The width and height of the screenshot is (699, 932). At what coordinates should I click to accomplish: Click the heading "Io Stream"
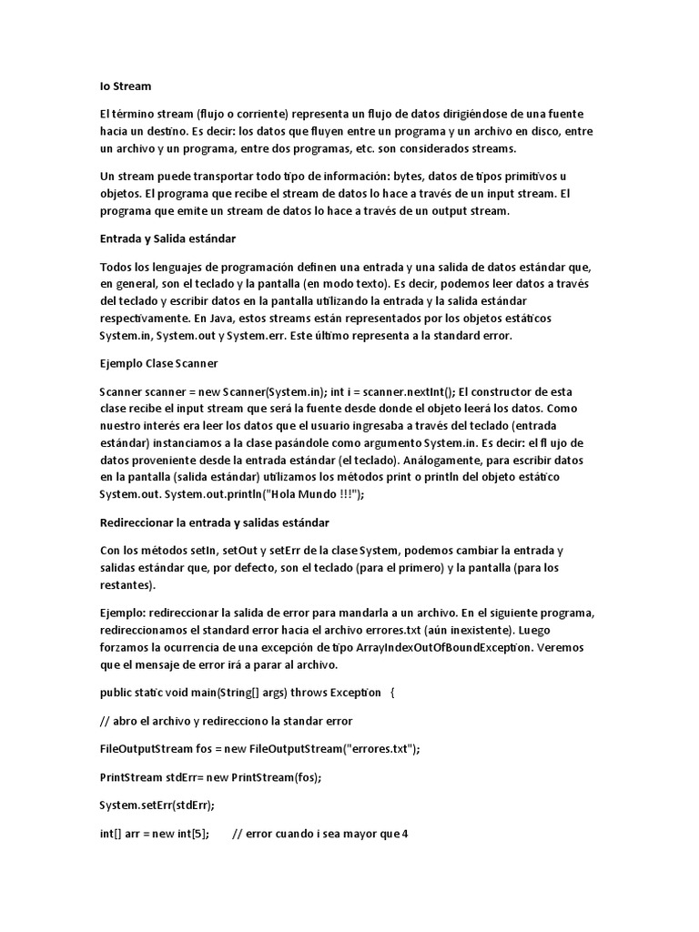pos(126,86)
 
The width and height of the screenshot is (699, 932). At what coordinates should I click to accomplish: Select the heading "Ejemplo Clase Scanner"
pos(157,362)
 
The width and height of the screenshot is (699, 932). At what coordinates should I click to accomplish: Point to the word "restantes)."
pos(127,584)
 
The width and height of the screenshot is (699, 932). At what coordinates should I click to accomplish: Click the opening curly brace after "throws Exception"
pos(392,692)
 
